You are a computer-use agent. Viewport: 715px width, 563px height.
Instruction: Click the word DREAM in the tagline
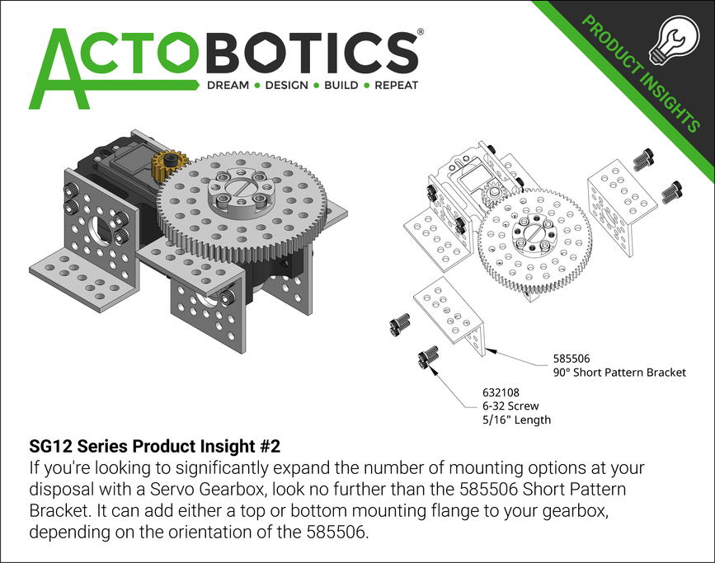coord(228,85)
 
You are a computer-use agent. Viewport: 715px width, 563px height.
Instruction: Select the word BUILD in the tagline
coord(341,85)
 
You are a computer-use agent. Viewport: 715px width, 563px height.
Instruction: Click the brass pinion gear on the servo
coord(171,164)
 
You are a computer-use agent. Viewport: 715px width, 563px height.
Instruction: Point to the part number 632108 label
coord(501,392)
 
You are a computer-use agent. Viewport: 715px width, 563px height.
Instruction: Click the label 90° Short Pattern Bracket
coord(619,372)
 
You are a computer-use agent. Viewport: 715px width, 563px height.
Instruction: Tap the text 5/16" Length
coord(516,420)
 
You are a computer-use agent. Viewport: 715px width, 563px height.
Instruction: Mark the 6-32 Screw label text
coord(511,406)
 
